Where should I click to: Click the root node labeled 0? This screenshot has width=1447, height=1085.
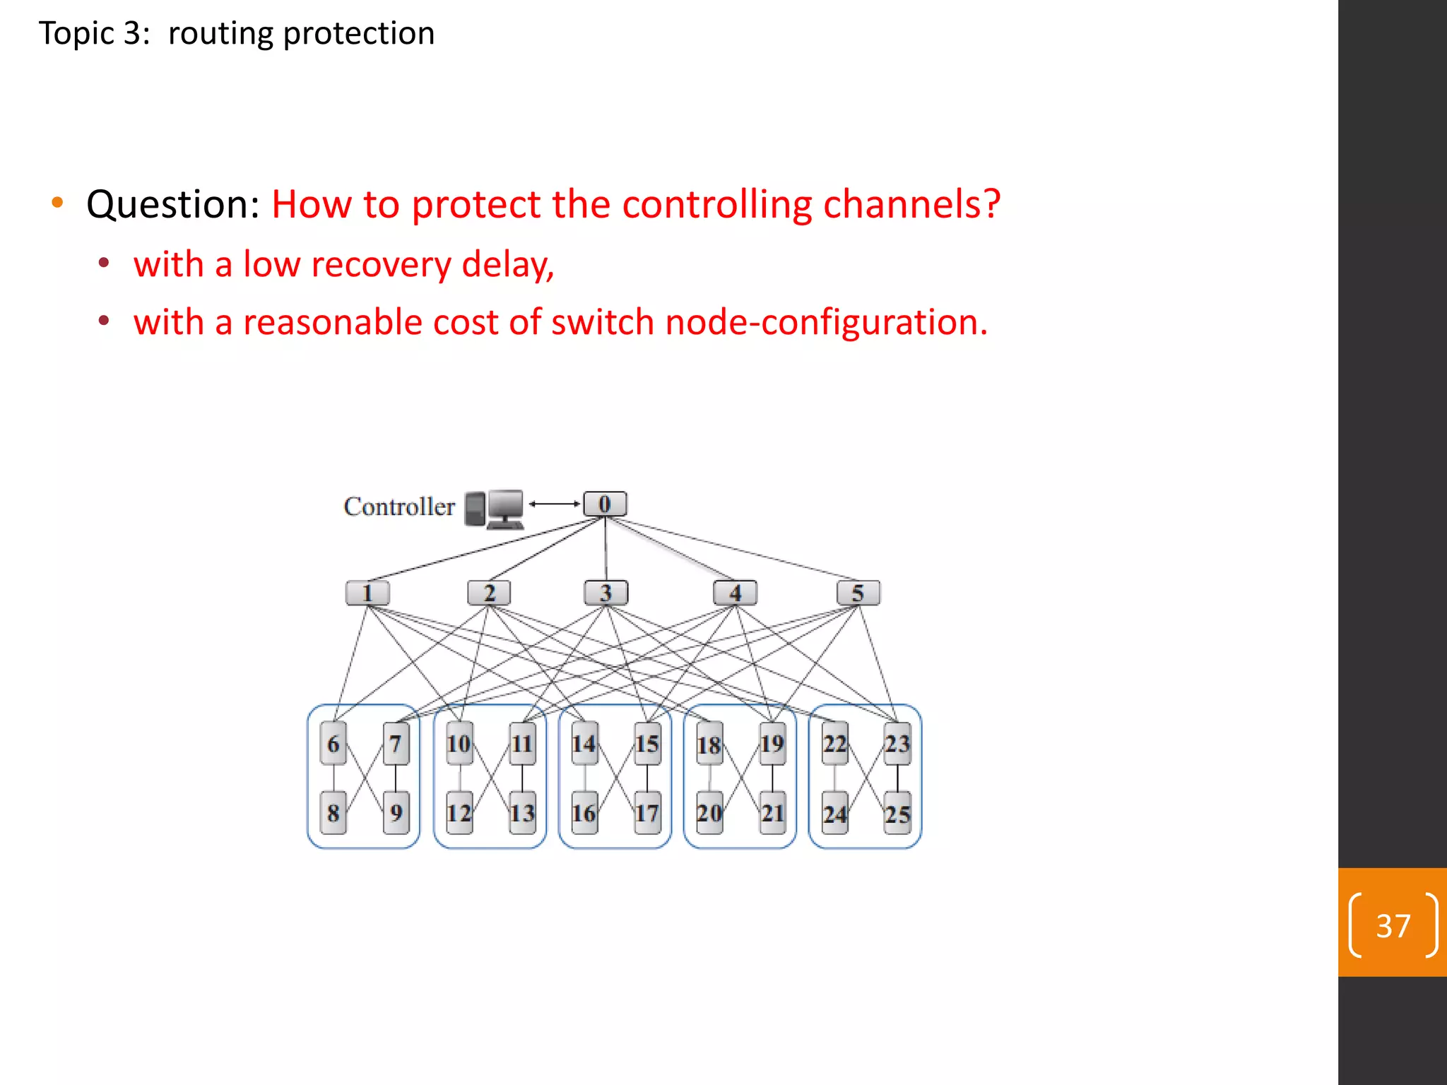pyautogui.click(x=605, y=504)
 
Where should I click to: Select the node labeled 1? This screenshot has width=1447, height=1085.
pyautogui.click(x=367, y=593)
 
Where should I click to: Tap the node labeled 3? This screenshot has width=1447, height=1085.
pyautogui.click(x=606, y=593)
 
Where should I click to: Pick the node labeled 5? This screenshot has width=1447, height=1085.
pyautogui.click(x=858, y=593)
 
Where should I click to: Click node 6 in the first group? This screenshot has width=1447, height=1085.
pyautogui.click(x=333, y=743)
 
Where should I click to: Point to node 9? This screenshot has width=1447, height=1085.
pyautogui.click(x=396, y=812)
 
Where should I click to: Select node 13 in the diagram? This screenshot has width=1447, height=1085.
pyautogui.click(x=522, y=812)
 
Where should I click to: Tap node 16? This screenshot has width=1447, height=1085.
pyautogui.click(x=584, y=812)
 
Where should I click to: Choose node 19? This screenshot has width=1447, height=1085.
pyautogui.click(x=772, y=743)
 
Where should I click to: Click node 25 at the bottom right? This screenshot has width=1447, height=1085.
pyautogui.click(x=897, y=814)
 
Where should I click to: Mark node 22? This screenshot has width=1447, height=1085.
pyautogui.click(x=834, y=743)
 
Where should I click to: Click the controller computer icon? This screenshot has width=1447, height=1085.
pyautogui.click(x=495, y=509)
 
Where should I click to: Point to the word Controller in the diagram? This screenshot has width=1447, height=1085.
pyautogui.click(x=399, y=506)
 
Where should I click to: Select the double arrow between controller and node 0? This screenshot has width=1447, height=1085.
pyautogui.click(x=555, y=504)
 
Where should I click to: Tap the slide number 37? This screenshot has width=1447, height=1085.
pyautogui.click(x=1393, y=925)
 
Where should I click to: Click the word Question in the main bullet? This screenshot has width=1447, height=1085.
pyautogui.click(x=173, y=205)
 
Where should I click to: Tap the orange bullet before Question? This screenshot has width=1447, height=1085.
pyautogui.click(x=58, y=203)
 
